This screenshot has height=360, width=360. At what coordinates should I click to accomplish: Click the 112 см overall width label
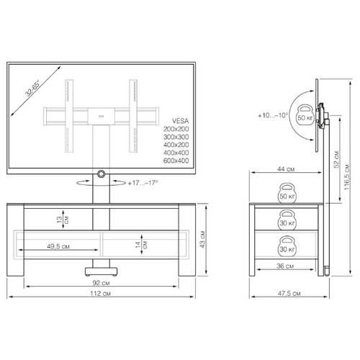pyautogui.click(x=100, y=293)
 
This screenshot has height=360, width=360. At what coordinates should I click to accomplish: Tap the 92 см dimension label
pyautogui.click(x=101, y=283)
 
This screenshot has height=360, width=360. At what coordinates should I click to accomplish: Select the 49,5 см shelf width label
pyautogui.click(x=58, y=246)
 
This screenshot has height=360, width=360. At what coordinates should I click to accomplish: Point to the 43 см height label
pyautogui.click(x=203, y=239)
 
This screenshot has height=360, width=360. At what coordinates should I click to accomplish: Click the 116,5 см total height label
pyautogui.click(x=347, y=177)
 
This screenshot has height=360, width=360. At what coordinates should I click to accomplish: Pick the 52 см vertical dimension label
pyautogui.click(x=336, y=159)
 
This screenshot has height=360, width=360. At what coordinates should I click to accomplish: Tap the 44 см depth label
pyautogui.click(x=286, y=169)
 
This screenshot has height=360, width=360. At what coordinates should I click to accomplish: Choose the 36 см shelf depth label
pyautogui.click(x=285, y=266)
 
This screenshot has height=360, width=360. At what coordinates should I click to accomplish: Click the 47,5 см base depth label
pyautogui.click(x=289, y=293)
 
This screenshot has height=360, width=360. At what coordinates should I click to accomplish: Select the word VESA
pyautogui.click(x=180, y=121)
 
